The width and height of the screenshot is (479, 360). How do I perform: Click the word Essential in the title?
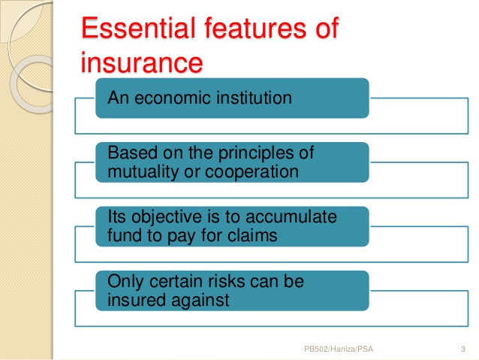(138, 28)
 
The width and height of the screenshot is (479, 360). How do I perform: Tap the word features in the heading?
(255, 28)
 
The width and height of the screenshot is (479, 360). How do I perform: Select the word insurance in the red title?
(142, 62)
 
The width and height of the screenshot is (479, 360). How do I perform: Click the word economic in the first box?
(173, 98)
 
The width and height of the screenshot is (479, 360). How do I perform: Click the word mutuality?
(143, 172)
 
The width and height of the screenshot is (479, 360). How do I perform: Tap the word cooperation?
(252, 172)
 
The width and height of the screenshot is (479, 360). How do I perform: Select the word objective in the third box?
(167, 218)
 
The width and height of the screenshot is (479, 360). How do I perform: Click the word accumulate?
(291, 217)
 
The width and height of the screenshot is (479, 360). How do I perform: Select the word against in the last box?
(200, 301)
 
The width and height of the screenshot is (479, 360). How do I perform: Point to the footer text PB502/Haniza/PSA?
(339, 349)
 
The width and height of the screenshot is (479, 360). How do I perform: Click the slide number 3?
(462, 349)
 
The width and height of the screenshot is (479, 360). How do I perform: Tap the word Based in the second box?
(133, 153)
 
